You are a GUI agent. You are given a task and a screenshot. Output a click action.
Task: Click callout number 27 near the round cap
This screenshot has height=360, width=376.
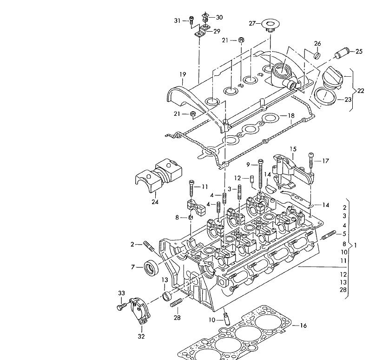pos(252,24)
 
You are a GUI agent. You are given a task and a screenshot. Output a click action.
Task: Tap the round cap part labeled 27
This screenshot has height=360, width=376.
pos(271,25)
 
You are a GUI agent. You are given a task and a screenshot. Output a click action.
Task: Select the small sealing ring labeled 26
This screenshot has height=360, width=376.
pos(317,55)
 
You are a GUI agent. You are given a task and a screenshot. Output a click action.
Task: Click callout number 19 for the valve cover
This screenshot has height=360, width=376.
pos(183,74)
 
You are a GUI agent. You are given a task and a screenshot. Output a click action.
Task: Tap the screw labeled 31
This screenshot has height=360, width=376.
pos(191,20)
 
